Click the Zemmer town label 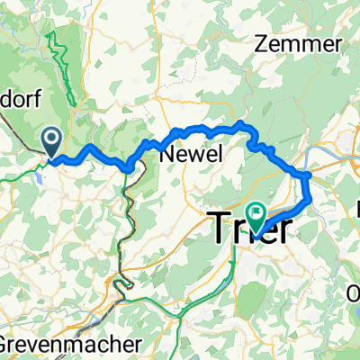[299, 44]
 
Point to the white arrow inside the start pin [52, 139]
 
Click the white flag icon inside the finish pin [258, 212]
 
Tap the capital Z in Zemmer [264, 44]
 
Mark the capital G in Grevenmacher [7, 345]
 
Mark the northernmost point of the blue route [241, 122]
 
